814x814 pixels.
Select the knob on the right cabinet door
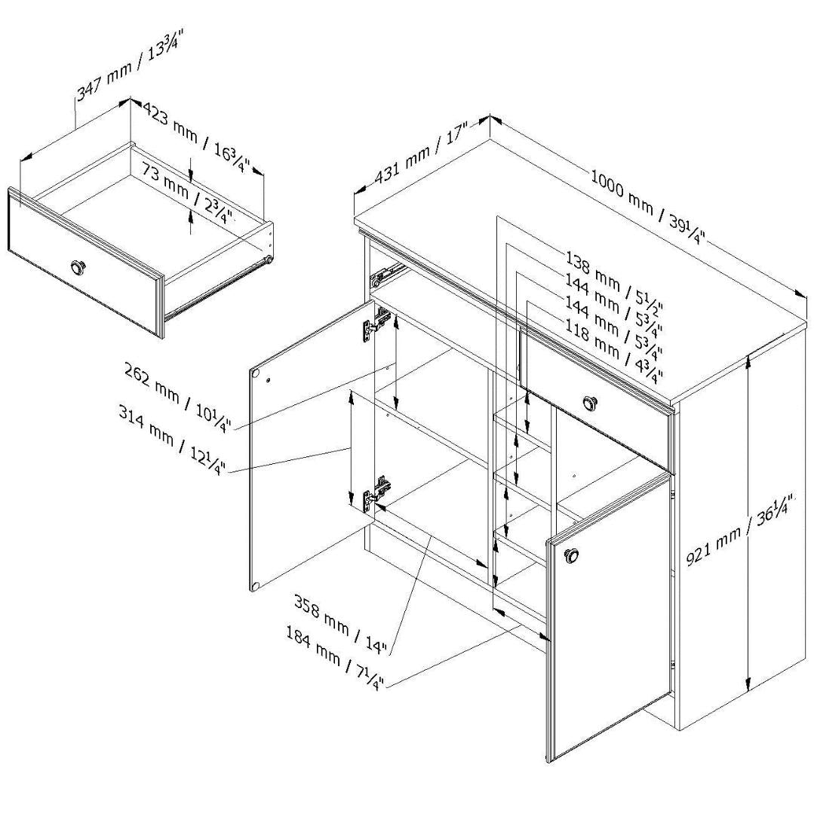click(572, 556)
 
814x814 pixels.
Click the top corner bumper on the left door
click(256, 374)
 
